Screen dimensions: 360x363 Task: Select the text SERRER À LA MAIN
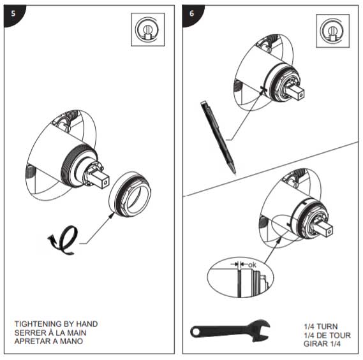tap(52, 333)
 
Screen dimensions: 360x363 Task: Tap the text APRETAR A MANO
tap(50, 341)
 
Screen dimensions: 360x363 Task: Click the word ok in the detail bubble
tap(252, 263)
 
